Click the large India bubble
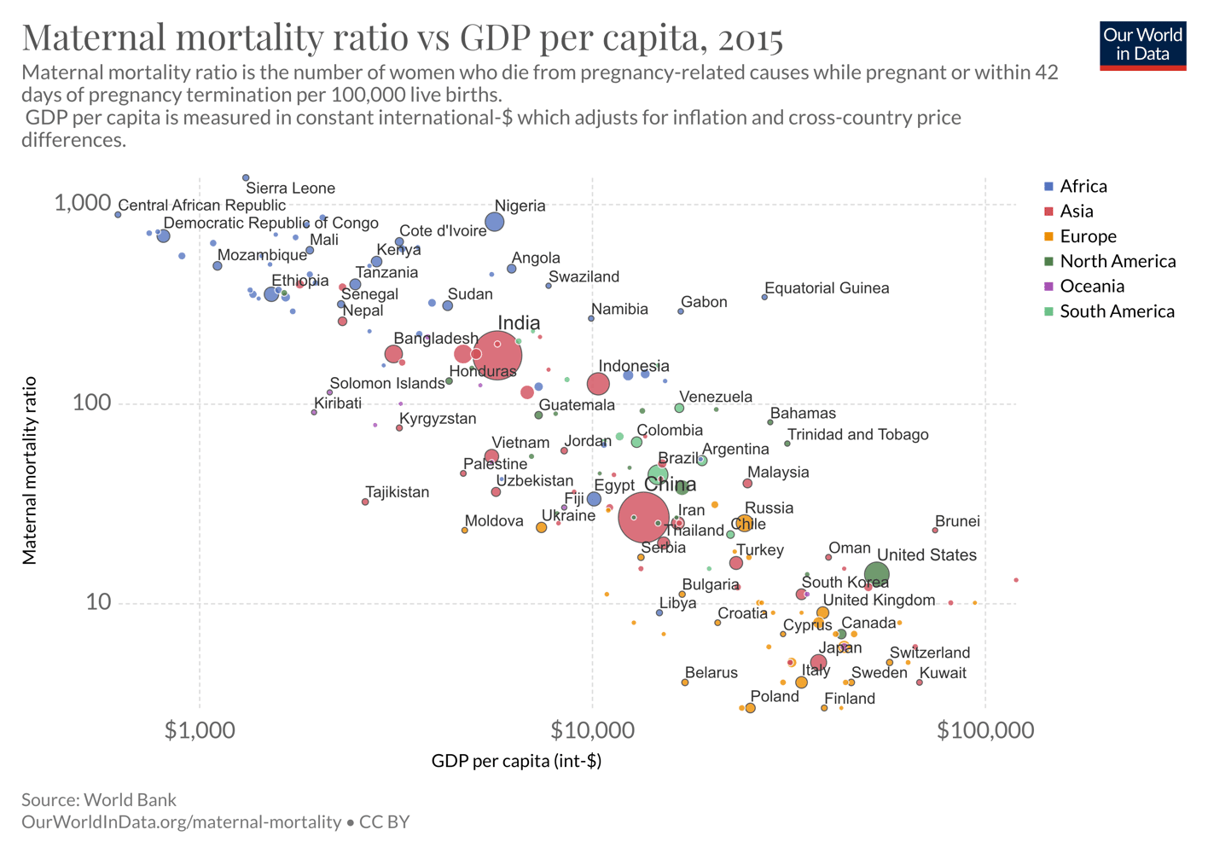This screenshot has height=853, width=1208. point(497,355)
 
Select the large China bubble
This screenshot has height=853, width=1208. point(643,518)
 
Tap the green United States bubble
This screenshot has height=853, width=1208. point(876,575)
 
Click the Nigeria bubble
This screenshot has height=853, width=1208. point(494,222)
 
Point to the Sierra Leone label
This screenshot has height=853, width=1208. point(290,189)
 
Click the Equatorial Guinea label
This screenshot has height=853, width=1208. point(826,288)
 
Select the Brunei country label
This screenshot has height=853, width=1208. point(956,521)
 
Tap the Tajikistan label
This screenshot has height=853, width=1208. point(397,492)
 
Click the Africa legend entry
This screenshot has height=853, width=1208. point(1083,186)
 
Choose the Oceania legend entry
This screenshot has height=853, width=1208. point(1091,287)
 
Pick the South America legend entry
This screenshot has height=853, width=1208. point(1116,311)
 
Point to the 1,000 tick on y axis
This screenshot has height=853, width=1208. point(82,203)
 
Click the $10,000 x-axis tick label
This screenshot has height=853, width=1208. point(592,731)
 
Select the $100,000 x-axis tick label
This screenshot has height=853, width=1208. point(984,731)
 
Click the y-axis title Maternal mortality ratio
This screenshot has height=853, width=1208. point(30,470)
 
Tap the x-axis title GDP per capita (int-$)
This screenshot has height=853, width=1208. point(516,761)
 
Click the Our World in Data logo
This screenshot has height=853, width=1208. point(1142,45)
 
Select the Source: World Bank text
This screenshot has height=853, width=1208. point(99,800)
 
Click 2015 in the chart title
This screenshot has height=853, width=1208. point(749,38)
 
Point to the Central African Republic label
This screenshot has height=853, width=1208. point(201,206)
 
